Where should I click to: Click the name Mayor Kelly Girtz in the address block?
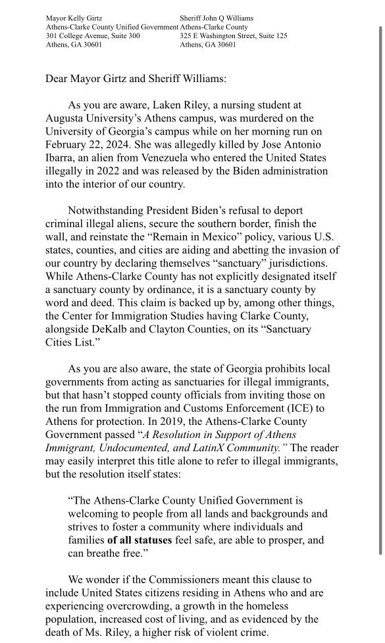click(x=73, y=18)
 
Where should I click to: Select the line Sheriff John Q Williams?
click(x=216, y=18)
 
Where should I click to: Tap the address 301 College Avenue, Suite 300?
click(x=92, y=36)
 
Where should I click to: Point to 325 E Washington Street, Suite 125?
click(x=233, y=36)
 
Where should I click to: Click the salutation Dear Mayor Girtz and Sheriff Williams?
click(x=136, y=78)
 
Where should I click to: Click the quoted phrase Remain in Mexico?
click(x=220, y=237)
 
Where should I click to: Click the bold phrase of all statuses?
click(x=139, y=540)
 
